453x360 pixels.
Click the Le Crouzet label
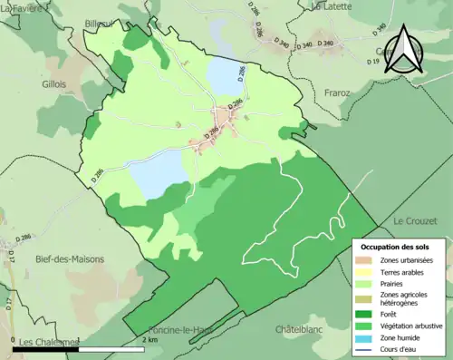pyautogui.click(x=414, y=220)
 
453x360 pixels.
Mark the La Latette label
pyautogui.click(x=330, y=6)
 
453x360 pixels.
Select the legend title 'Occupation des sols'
pyautogui.click(x=396, y=247)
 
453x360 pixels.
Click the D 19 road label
pyautogui.click(x=372, y=61)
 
